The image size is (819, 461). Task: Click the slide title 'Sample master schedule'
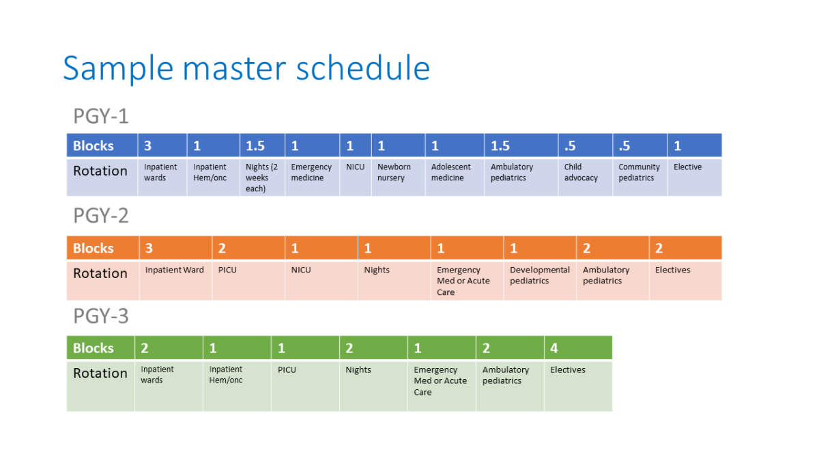click(x=246, y=68)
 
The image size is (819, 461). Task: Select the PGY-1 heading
click(x=101, y=116)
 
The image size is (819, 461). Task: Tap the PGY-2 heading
click(x=101, y=215)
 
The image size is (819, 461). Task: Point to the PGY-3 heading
click(x=101, y=316)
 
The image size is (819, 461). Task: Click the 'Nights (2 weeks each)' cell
click(x=262, y=178)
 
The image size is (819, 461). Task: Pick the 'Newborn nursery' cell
click(x=398, y=178)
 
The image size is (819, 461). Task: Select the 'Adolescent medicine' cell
click(x=455, y=178)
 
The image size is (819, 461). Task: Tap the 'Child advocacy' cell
click(x=586, y=178)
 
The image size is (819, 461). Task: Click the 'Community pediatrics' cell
click(x=640, y=178)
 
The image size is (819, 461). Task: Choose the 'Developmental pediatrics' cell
click(x=540, y=280)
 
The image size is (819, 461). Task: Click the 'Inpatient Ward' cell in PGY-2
click(x=175, y=280)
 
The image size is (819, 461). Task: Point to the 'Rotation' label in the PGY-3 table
click(x=100, y=373)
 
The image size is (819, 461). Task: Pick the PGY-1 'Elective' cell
click(x=695, y=178)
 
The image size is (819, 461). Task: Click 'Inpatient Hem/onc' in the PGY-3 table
click(x=237, y=386)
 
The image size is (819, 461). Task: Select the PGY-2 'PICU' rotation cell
click(x=248, y=280)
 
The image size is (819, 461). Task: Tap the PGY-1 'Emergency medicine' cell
click(x=313, y=178)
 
